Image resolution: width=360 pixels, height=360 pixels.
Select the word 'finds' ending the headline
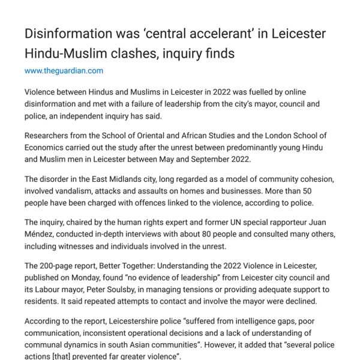point(217,53)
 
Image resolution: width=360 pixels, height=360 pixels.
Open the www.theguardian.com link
point(64,71)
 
